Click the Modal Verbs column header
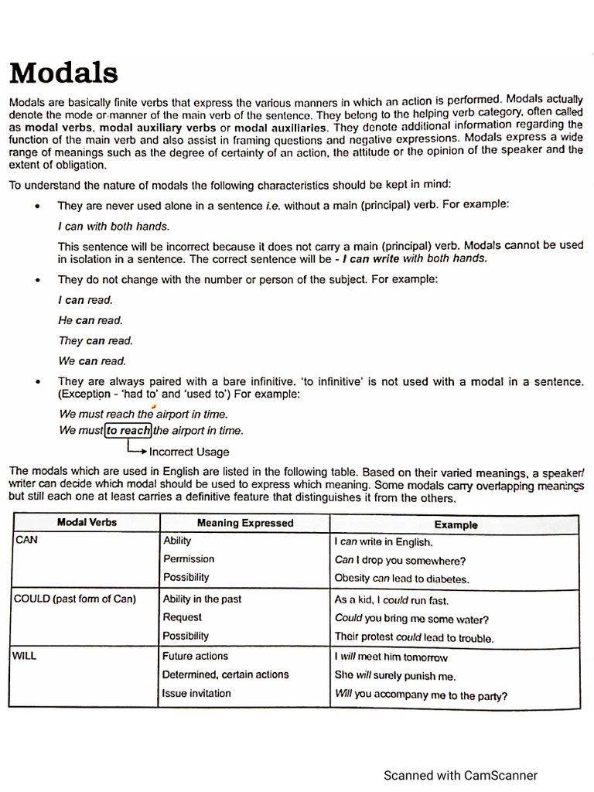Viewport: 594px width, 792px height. click(x=87, y=523)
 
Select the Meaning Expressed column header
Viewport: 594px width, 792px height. click(x=245, y=524)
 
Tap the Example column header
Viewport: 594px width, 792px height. click(x=456, y=525)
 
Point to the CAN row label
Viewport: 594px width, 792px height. click(x=26, y=541)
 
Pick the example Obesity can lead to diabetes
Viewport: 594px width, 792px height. click(x=402, y=579)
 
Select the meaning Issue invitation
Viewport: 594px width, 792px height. click(x=196, y=693)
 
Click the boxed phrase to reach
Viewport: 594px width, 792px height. click(x=128, y=431)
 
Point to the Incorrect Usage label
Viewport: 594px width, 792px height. click(x=189, y=452)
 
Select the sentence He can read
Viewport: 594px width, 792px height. click(x=90, y=320)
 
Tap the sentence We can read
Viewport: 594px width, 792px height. click(x=92, y=360)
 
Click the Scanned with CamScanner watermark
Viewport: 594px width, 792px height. click(x=461, y=775)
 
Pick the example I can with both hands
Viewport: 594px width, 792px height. click(x=113, y=226)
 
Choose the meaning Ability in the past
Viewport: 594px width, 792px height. click(x=202, y=599)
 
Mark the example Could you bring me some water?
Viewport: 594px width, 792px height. click(x=411, y=619)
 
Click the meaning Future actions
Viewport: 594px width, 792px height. click(x=196, y=656)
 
